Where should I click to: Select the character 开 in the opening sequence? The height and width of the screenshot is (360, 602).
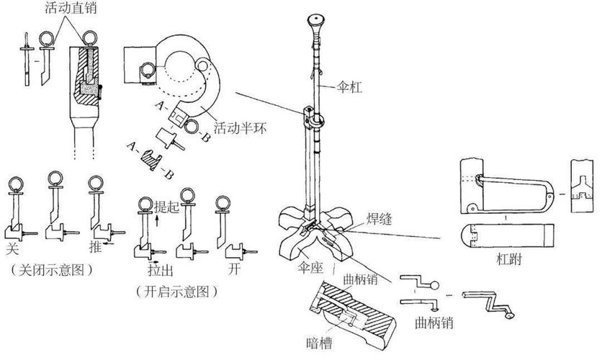[233, 269]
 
